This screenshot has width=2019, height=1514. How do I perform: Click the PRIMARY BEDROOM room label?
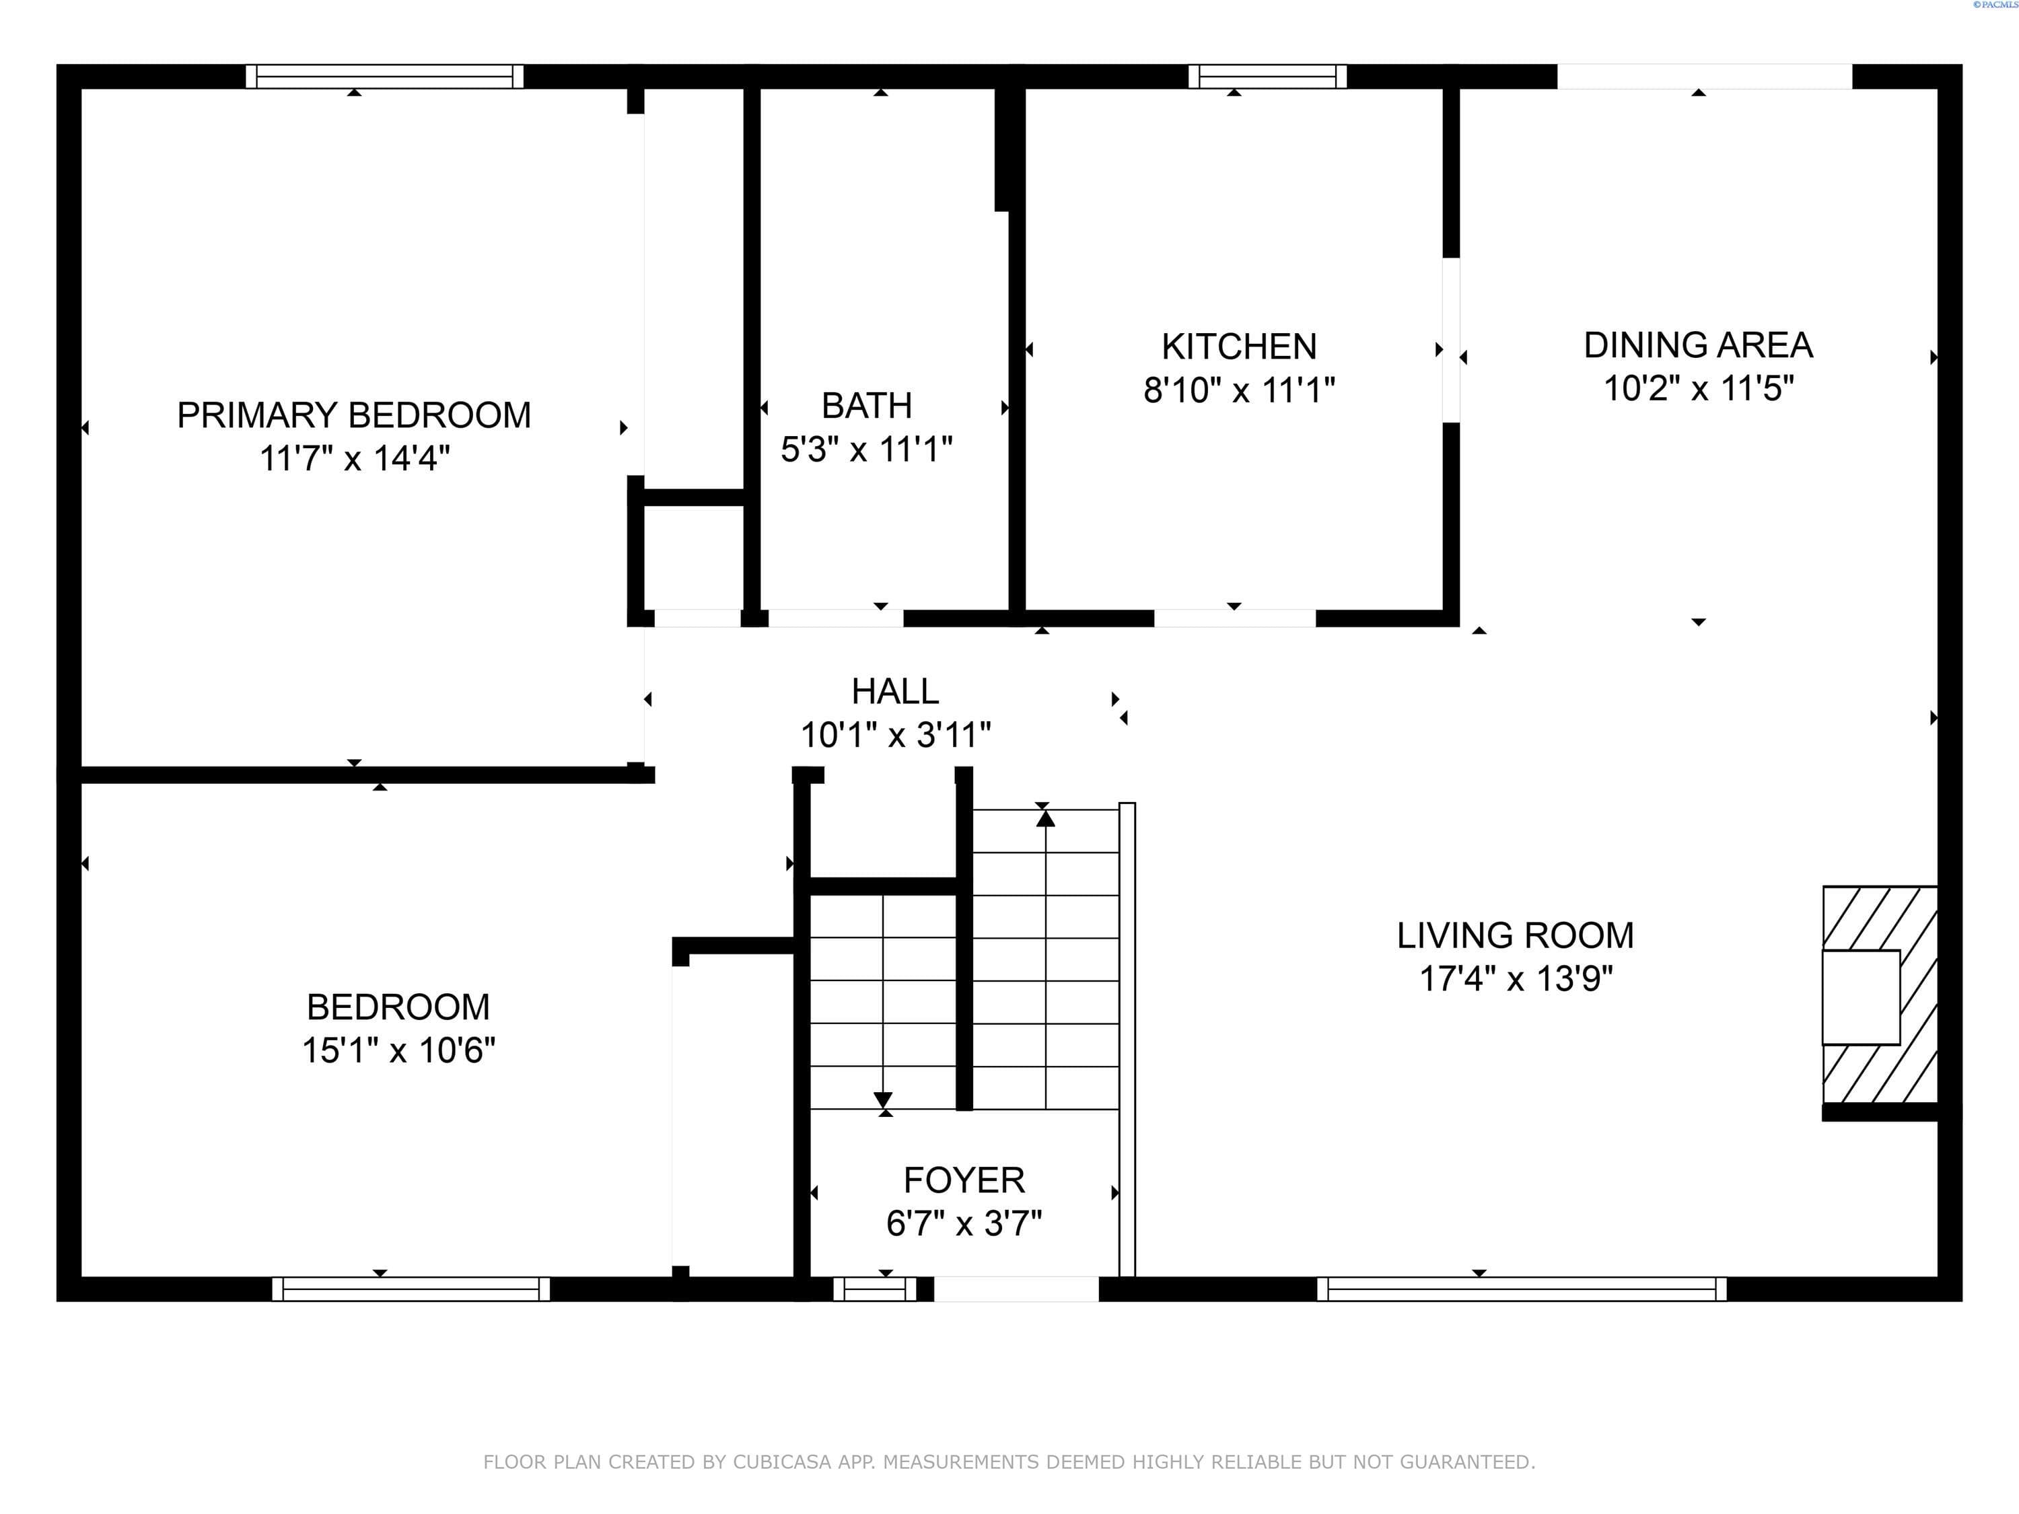tap(354, 415)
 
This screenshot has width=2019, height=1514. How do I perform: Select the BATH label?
tap(866, 405)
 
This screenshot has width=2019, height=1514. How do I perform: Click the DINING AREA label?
tap(1698, 345)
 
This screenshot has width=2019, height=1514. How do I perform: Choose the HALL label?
tap(894, 692)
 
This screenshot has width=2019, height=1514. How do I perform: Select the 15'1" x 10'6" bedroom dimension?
tap(399, 1050)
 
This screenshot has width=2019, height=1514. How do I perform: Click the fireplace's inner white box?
tap(1860, 997)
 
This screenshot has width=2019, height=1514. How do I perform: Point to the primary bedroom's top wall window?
tap(384, 77)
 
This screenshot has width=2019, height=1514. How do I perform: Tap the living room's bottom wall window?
tap(1522, 1289)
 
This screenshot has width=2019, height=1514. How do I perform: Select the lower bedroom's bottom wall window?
tap(411, 1289)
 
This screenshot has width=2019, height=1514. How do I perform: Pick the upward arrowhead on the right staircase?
tap(1045, 819)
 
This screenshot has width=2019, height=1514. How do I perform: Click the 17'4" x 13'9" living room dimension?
tap(1516, 979)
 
